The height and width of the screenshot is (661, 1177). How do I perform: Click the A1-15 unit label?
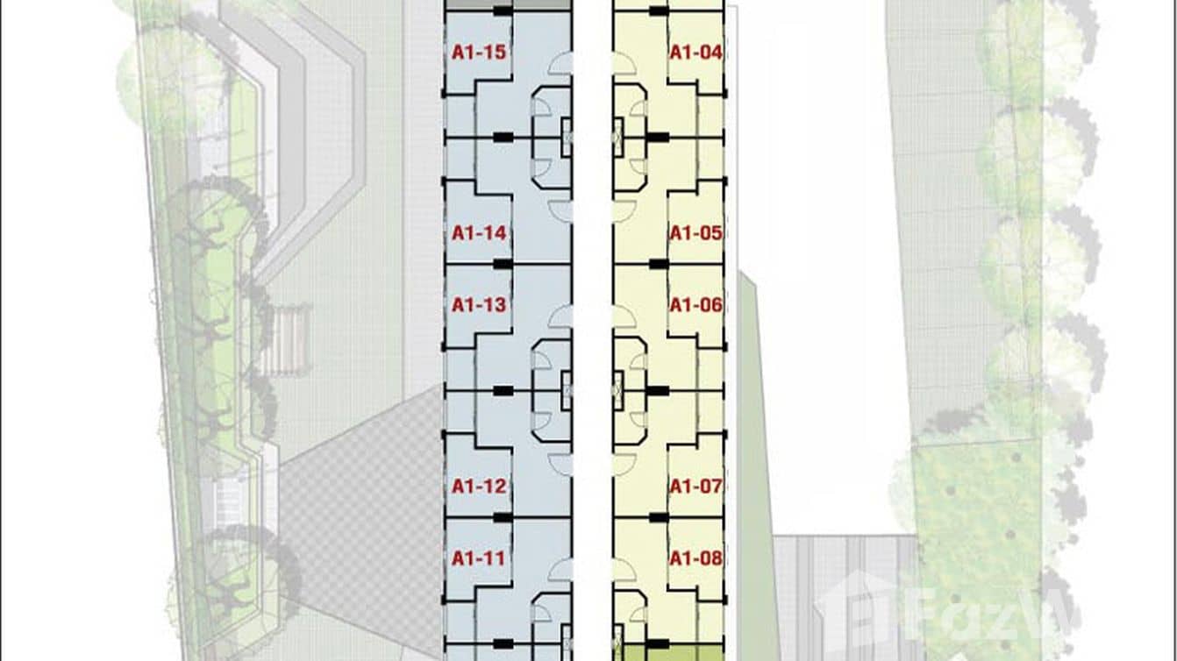click(479, 53)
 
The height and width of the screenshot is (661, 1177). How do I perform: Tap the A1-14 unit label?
click(479, 233)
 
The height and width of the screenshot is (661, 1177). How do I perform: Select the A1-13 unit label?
click(479, 305)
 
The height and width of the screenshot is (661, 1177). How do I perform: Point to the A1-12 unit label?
click(479, 486)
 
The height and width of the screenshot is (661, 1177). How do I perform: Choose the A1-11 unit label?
click(479, 558)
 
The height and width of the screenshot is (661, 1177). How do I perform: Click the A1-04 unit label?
click(695, 53)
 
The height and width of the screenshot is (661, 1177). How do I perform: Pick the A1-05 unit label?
click(695, 233)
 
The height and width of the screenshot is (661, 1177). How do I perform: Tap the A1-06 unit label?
click(695, 305)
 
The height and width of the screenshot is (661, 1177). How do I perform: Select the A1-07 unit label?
click(695, 486)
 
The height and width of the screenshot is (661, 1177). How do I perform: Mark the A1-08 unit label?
click(695, 558)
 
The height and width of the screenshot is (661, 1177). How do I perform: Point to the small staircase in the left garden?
click(289, 338)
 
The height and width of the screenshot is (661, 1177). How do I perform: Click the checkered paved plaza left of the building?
click(360, 508)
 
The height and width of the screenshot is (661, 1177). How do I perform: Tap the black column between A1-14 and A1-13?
click(502, 263)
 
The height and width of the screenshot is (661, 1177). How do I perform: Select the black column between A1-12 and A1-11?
click(502, 517)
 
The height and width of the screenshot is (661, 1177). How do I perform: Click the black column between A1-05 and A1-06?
click(657, 263)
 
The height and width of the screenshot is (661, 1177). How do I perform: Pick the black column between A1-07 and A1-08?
click(657, 517)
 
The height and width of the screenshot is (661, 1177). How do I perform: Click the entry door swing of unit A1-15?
click(560, 64)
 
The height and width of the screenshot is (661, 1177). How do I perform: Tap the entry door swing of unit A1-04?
click(624, 64)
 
